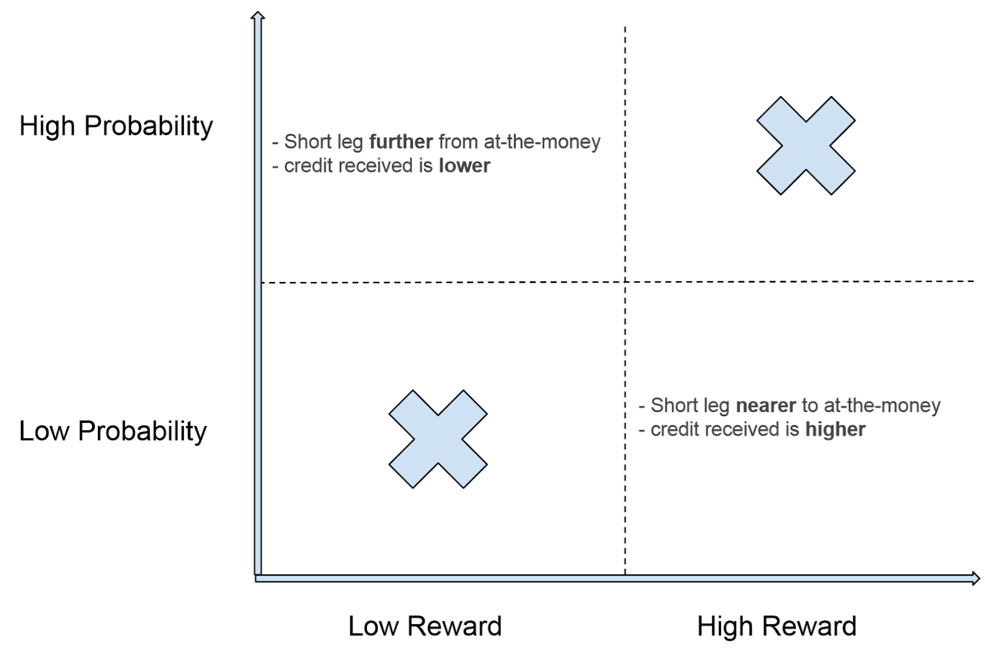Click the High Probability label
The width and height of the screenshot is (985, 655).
pyautogui.click(x=116, y=126)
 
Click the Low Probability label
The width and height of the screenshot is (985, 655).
pyautogui.click(x=113, y=431)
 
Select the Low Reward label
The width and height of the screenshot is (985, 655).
pyautogui.click(x=425, y=626)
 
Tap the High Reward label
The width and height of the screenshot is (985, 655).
pyautogui.click(x=776, y=626)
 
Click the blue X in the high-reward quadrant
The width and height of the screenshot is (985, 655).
pyautogui.click(x=805, y=146)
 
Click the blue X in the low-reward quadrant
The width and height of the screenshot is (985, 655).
pyautogui.click(x=438, y=439)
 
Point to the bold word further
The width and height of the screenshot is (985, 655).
pyautogui.click(x=401, y=142)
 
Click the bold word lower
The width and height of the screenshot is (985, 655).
pyautogui.click(x=464, y=166)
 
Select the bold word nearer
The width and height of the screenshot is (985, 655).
pyautogui.click(x=765, y=406)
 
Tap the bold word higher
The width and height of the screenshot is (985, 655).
pyautogui.click(x=835, y=430)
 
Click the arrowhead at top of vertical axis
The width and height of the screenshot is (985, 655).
pyautogui.click(x=258, y=16)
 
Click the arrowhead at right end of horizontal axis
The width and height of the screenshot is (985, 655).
pyautogui.click(x=975, y=578)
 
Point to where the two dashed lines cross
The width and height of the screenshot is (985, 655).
pyautogui.click(x=625, y=282)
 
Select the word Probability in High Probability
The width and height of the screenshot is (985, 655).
pyautogui.click(x=148, y=126)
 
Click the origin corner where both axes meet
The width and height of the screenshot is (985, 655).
pyautogui.click(x=258, y=577)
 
